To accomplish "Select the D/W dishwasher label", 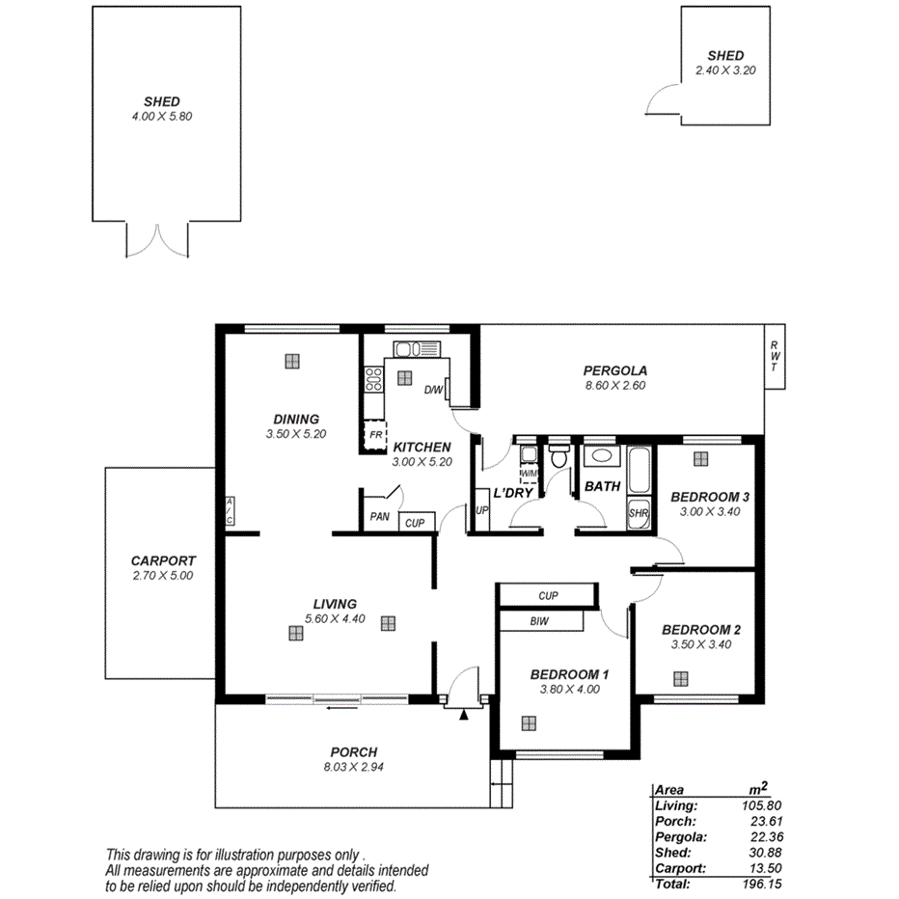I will coord(433,391).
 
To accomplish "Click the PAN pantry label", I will coord(379,517).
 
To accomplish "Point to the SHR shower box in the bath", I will coord(639,513).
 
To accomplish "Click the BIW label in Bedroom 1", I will coord(539,622).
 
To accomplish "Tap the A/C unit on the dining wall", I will coord(230,512).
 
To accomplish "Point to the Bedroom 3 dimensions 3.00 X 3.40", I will coord(710,512).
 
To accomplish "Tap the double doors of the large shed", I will coord(153,240).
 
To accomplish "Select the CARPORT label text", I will coord(163,560).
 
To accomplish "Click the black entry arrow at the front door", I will coord(465,715).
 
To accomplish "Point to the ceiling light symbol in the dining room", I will coord(292,361).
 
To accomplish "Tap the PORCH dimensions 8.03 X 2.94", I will coord(353,768).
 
